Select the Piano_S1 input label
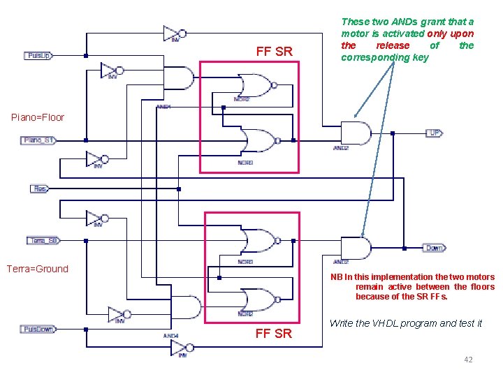(39, 140)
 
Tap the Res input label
(40, 188)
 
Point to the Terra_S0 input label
(43, 240)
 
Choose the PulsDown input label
(39, 329)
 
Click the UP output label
(433, 133)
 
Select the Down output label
(434, 248)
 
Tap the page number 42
(467, 360)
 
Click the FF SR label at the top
(274, 52)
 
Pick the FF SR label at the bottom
(274, 333)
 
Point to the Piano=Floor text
(38, 117)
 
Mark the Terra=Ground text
(38, 269)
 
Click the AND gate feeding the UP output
(355, 133)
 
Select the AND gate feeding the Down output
(355, 248)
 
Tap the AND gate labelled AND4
(185, 307)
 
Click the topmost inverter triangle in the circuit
(173, 33)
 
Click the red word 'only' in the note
(437, 34)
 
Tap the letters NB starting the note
(337, 277)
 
